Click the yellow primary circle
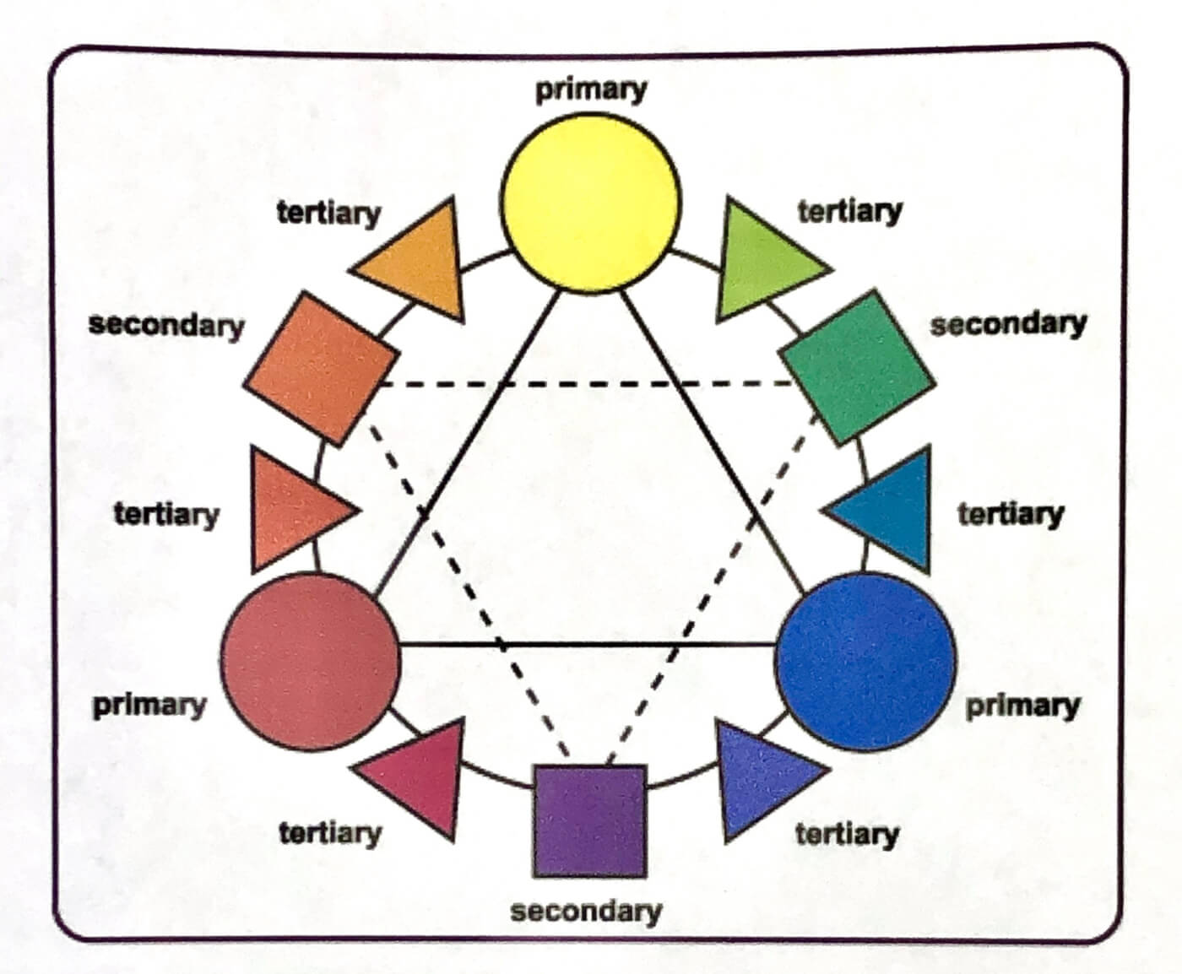pyautogui.click(x=591, y=203)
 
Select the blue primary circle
pyautogui.click(x=865, y=662)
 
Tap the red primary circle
pyautogui.click(x=311, y=662)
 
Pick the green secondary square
pyautogui.click(x=857, y=368)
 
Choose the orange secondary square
pyautogui.click(x=322, y=369)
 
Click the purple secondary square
pyautogui.click(x=590, y=820)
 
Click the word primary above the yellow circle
pyautogui.click(x=591, y=90)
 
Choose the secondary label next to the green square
pyautogui.click(x=1009, y=324)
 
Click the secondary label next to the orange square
pyautogui.click(x=166, y=326)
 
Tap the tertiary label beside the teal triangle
pyautogui.click(x=1011, y=515)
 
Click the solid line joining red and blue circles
pyautogui.click(x=588, y=644)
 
